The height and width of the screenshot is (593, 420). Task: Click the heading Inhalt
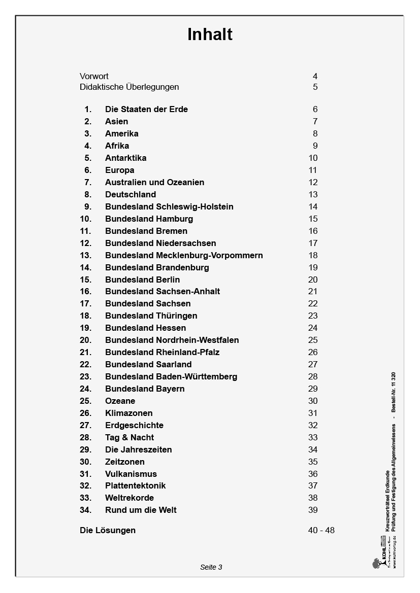coord(210,34)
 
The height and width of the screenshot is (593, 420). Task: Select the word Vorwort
coord(94,77)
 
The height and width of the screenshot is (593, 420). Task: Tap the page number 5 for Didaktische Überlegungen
coord(315,87)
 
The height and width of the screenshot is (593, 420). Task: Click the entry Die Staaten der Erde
coord(146,109)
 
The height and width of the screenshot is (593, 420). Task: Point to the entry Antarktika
coord(125,158)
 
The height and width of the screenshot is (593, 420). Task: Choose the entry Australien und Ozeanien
coord(154,182)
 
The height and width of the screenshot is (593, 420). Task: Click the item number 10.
coord(86,219)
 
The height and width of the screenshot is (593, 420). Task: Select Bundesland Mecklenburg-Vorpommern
coord(184,255)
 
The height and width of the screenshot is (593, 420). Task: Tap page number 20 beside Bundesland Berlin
coord(313,280)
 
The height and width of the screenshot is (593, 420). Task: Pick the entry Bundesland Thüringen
coord(151,316)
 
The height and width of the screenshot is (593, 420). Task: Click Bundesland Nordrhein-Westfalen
coord(172,340)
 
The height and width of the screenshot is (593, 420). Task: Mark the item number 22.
coord(86,364)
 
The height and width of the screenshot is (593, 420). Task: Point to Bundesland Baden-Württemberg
coord(171,376)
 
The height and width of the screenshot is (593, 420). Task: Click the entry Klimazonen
coord(128,413)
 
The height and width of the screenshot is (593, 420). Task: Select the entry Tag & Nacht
coord(130,437)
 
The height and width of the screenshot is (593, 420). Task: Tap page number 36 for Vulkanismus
coord(313,474)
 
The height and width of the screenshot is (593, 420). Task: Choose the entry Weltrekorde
coord(130,498)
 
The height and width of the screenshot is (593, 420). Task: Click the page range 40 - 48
coord(321,530)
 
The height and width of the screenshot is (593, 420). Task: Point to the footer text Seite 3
coord(211,567)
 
